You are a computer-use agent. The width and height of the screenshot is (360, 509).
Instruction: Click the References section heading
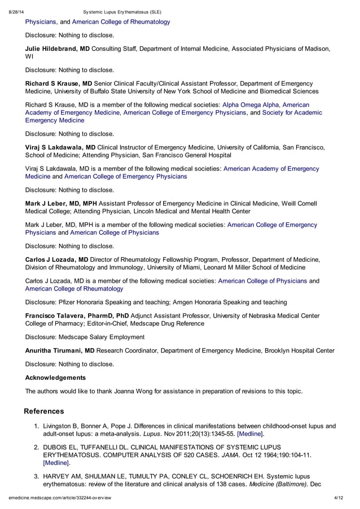[x=45, y=411]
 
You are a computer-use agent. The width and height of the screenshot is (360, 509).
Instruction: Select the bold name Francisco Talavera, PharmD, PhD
[x=77, y=315]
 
